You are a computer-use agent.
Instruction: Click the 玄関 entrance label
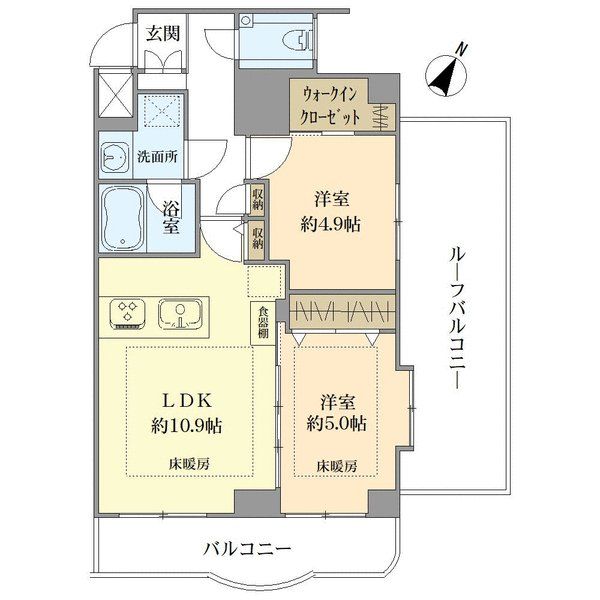(x=163, y=34)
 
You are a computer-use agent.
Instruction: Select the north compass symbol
(x=447, y=74)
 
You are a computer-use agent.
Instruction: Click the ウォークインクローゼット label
(x=330, y=105)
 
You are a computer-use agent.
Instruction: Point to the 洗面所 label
(x=158, y=156)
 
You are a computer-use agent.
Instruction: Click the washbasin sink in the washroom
(x=115, y=157)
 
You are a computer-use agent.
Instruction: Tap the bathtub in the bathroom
(x=122, y=217)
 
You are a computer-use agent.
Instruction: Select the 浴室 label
(x=171, y=218)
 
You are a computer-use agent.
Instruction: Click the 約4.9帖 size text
(x=331, y=225)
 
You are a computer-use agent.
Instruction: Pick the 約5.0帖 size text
(x=337, y=423)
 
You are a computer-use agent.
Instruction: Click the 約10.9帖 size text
(x=187, y=426)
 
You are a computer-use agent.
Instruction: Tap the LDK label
(x=186, y=401)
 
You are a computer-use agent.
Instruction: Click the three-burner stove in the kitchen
(x=128, y=314)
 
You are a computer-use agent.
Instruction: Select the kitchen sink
(x=181, y=314)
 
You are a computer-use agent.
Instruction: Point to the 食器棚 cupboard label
(x=263, y=322)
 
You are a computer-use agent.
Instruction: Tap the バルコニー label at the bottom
(x=247, y=550)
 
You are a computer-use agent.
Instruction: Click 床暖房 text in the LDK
(x=190, y=464)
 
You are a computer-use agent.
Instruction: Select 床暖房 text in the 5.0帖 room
(x=337, y=466)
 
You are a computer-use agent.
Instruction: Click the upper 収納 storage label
(x=258, y=199)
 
